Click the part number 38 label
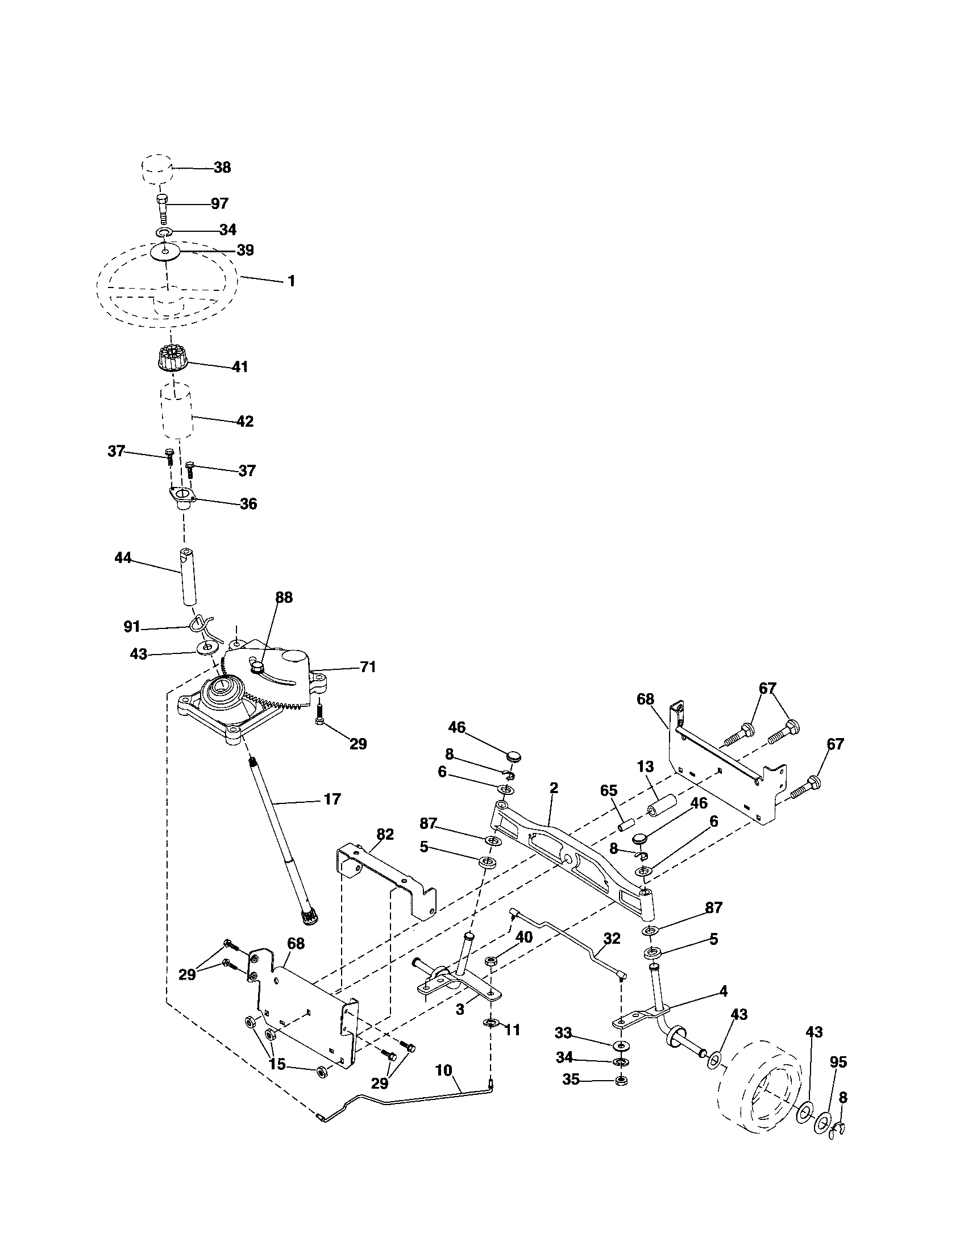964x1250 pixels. [222, 168]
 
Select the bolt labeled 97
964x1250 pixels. [161, 210]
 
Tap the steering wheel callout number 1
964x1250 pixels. [291, 281]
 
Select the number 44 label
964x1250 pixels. [123, 557]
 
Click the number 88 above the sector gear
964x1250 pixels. [284, 598]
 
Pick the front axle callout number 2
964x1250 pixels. [553, 788]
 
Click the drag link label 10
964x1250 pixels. [444, 1070]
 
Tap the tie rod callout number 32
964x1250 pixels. [612, 938]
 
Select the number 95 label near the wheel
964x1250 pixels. [838, 1062]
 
